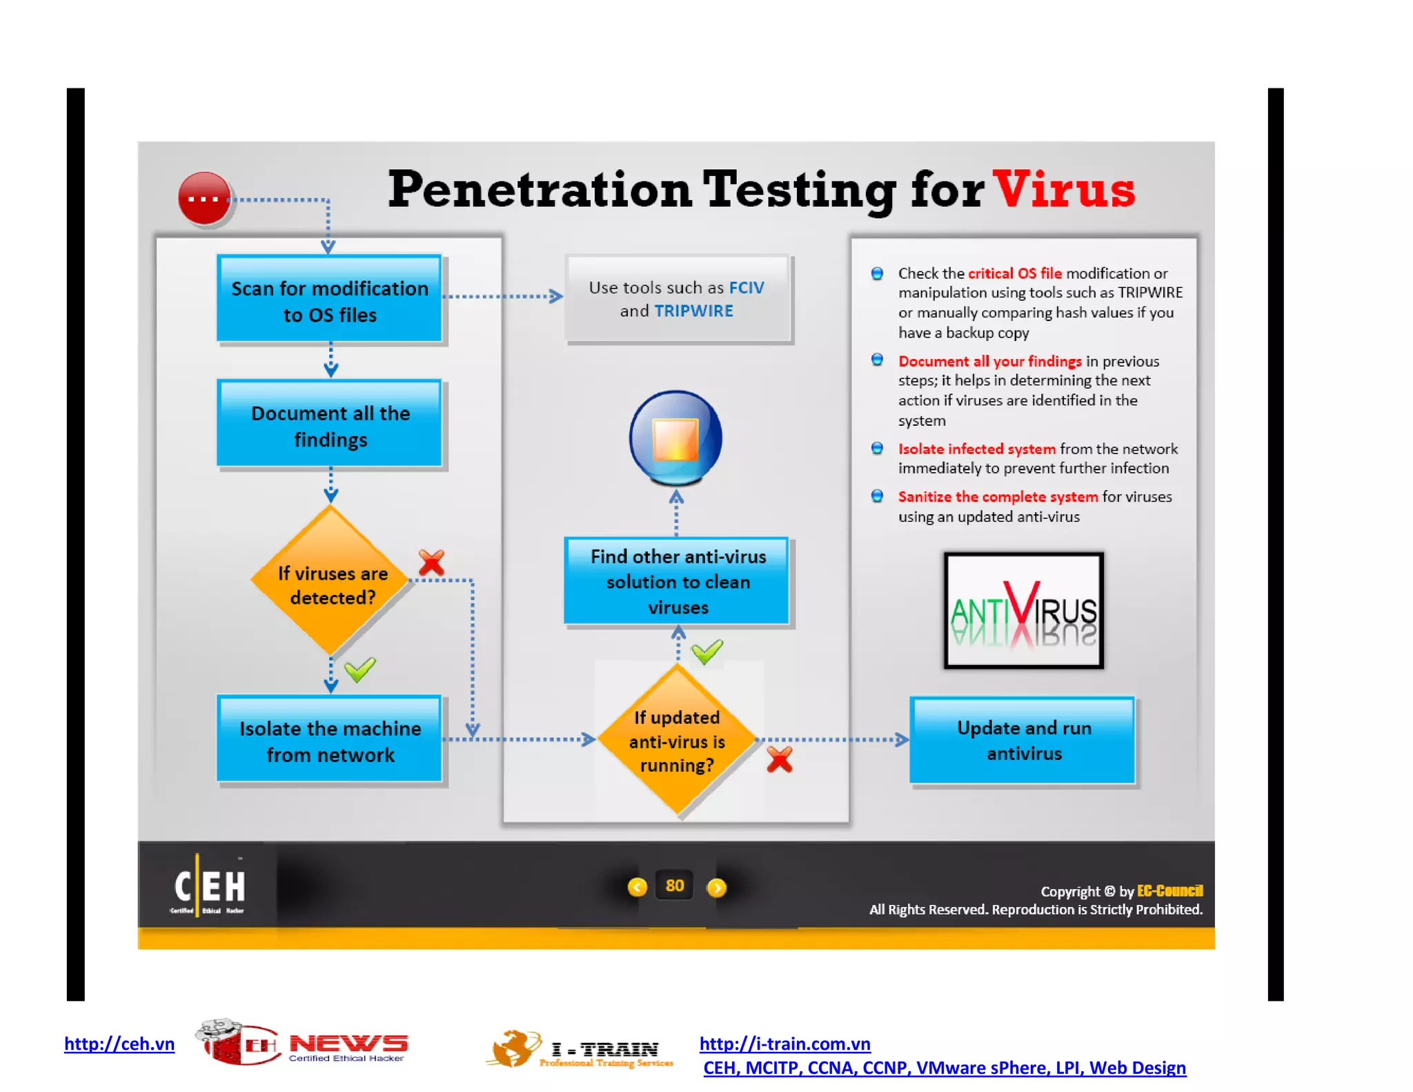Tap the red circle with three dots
[x=204, y=199]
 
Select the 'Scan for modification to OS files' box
[x=330, y=300]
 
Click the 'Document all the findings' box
[x=330, y=425]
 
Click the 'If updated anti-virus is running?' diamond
[x=677, y=741]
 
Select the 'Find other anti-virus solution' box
[x=677, y=581]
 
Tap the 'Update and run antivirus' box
[x=1023, y=740]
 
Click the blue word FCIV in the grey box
[x=747, y=288]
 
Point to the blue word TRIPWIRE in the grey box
[x=693, y=311]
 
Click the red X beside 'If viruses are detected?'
[x=432, y=563]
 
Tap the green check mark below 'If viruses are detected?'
[x=359, y=669]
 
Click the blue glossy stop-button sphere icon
[x=675, y=438]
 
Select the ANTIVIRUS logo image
[x=1023, y=610]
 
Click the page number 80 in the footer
[x=674, y=886]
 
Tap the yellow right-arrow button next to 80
[x=717, y=887]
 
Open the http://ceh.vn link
[x=119, y=1044]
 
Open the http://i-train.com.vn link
[x=784, y=1044]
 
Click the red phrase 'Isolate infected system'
[x=976, y=449]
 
